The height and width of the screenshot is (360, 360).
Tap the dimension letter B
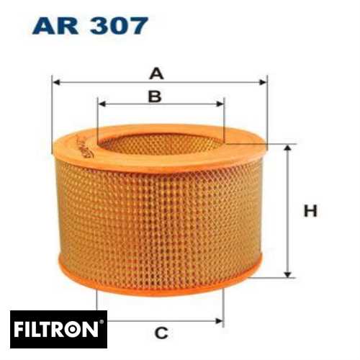[x=154, y=96]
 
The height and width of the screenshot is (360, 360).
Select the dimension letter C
[x=161, y=333]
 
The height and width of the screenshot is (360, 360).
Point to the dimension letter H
[x=310, y=211]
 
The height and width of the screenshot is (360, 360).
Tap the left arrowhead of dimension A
[x=57, y=83]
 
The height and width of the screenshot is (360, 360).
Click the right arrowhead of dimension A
[x=263, y=83]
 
